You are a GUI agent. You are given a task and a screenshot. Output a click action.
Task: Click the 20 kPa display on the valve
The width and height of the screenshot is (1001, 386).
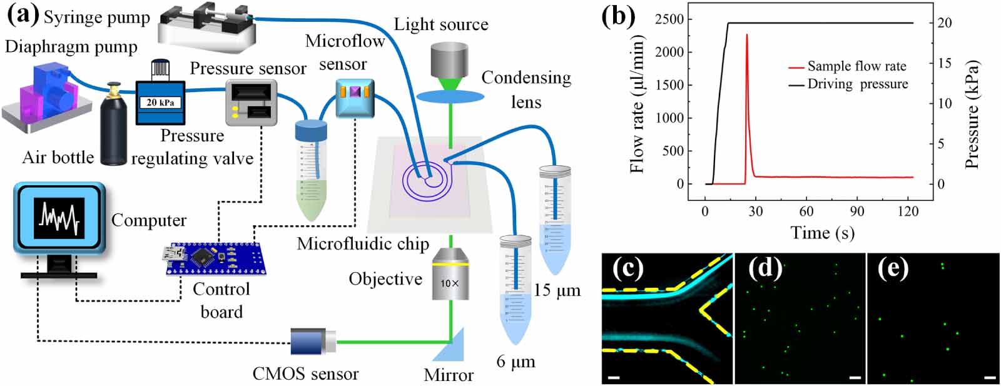[160, 103]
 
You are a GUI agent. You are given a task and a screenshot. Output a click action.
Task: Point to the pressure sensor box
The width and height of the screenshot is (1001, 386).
[251, 103]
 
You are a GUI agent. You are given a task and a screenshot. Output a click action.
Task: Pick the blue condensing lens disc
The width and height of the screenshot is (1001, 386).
[450, 96]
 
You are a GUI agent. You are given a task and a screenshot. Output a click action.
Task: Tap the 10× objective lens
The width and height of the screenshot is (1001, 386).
[451, 274]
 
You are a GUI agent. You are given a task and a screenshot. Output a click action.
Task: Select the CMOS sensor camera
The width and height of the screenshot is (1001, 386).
[312, 342]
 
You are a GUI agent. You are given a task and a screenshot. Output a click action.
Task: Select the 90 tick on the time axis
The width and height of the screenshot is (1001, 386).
[857, 211]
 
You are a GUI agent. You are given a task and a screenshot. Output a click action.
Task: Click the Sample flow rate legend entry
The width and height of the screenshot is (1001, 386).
[847, 66]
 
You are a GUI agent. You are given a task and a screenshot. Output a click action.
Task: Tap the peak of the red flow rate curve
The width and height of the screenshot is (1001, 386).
[747, 34]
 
